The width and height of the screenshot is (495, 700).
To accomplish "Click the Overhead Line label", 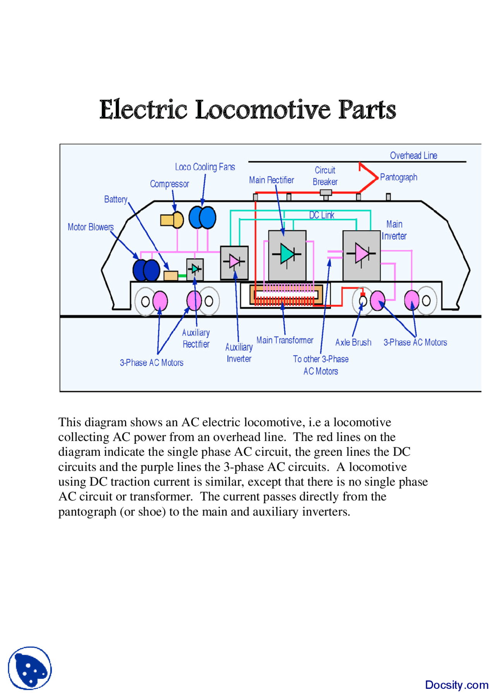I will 413,155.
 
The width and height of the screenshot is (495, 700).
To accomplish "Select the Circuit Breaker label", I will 325,176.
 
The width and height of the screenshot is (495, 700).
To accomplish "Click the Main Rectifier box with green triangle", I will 287,255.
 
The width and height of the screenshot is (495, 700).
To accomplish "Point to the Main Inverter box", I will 361,255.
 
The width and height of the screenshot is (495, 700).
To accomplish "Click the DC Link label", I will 321,215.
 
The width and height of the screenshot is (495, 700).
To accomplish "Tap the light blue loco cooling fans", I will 202,217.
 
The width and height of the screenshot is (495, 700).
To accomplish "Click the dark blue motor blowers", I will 146,270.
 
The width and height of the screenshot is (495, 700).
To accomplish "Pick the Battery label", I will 116,199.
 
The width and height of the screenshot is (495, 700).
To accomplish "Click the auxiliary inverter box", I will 234,262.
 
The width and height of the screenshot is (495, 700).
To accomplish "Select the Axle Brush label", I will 353,342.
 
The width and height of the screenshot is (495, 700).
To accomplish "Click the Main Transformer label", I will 285,340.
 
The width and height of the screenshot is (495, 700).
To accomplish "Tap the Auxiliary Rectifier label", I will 196,338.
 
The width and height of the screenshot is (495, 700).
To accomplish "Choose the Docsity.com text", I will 456,685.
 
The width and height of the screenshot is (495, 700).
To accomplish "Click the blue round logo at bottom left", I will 30,668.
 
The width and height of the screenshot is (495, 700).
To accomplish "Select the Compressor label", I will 169,184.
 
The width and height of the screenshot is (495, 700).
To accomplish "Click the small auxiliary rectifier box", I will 195,269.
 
